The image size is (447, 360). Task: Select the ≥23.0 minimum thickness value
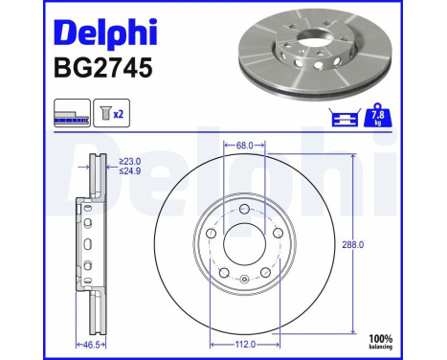click(x=130, y=162)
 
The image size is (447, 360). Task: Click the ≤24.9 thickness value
click(x=130, y=172)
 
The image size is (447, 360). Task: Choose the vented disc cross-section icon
click(x=71, y=114)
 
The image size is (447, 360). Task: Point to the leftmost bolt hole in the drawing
click(x=211, y=233)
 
